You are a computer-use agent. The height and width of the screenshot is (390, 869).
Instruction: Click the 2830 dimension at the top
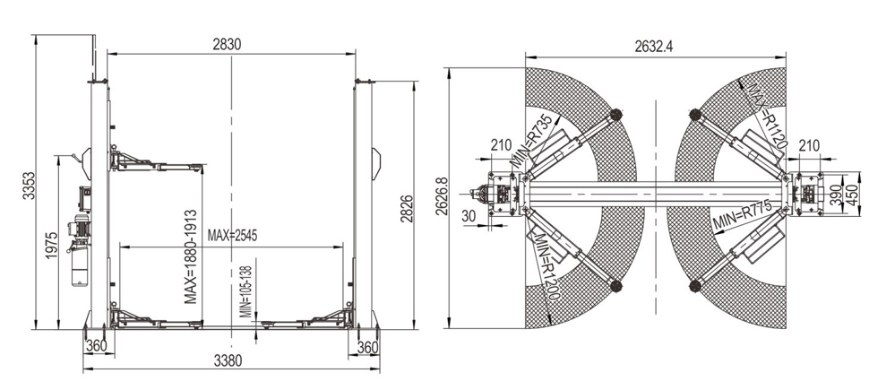228,45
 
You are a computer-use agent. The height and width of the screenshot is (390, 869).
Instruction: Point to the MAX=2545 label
232,235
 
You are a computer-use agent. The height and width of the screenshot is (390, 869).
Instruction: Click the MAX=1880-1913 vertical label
191,256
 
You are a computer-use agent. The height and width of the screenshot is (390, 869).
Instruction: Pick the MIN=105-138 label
246,291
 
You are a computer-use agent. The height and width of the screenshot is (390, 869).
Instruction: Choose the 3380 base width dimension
228,361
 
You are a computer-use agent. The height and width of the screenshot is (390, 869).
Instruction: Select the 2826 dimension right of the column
408,209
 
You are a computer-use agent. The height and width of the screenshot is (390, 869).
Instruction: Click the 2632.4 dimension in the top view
654,47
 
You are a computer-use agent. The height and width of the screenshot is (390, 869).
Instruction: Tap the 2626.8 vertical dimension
441,196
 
